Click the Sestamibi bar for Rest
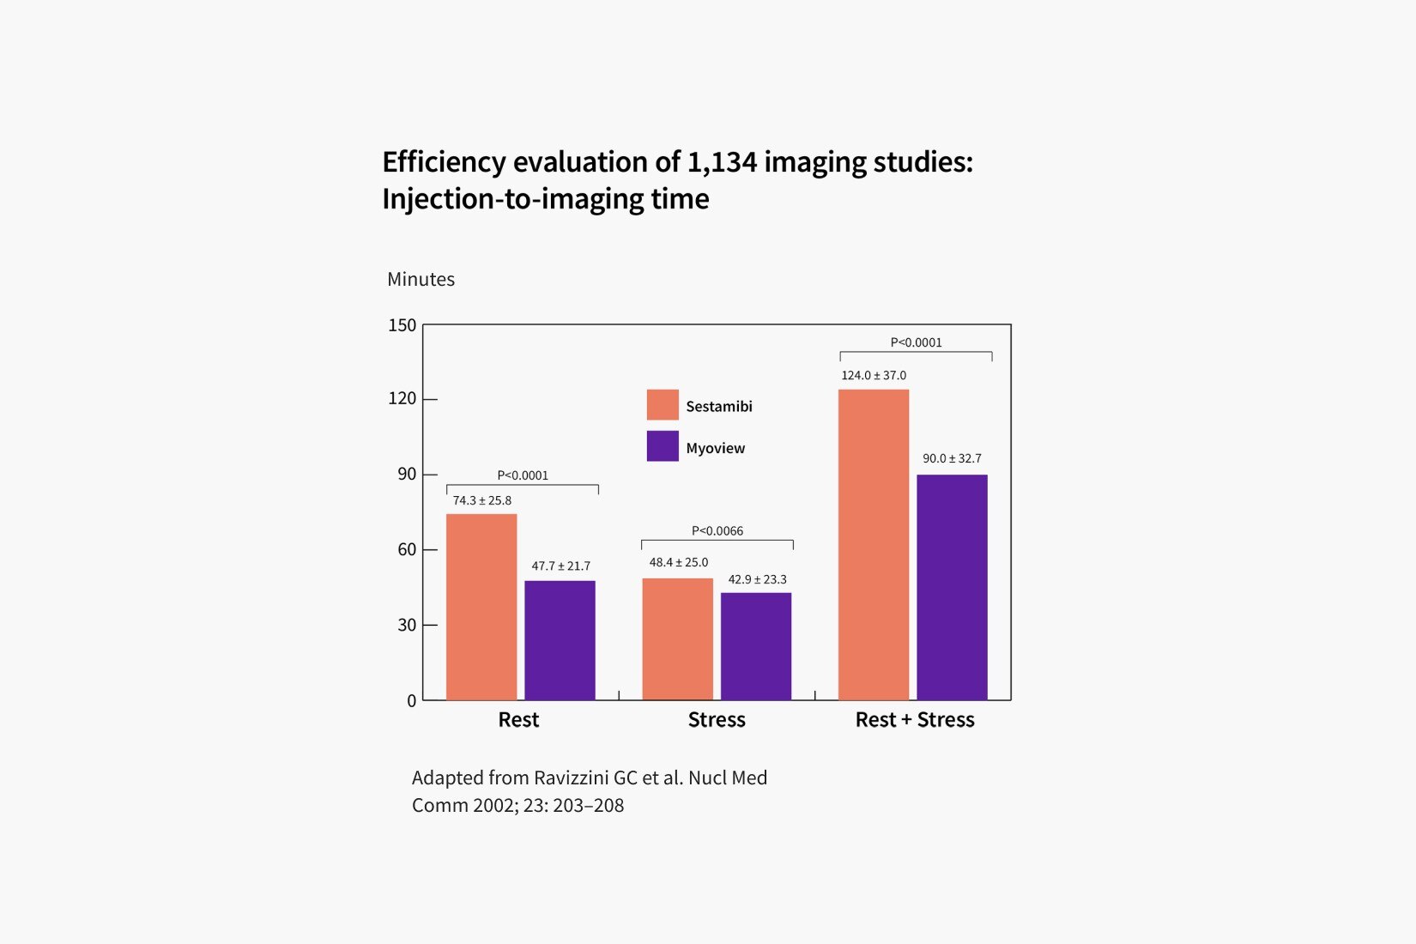click(481, 607)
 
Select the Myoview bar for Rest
click(560, 640)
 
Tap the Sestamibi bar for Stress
click(677, 638)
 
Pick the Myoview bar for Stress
click(756, 646)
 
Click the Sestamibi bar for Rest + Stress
click(873, 544)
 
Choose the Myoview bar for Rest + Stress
click(952, 587)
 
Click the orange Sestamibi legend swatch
click(663, 405)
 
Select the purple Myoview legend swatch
click(663, 446)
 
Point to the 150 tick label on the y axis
click(402, 325)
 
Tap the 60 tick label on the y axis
click(407, 549)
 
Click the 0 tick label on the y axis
click(411, 701)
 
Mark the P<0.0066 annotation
click(717, 531)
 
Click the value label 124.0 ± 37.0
click(874, 375)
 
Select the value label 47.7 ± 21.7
click(560, 566)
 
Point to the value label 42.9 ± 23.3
click(757, 579)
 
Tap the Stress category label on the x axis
click(717, 720)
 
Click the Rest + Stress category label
click(915, 720)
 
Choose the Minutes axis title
click(421, 280)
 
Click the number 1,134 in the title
click(722, 162)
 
